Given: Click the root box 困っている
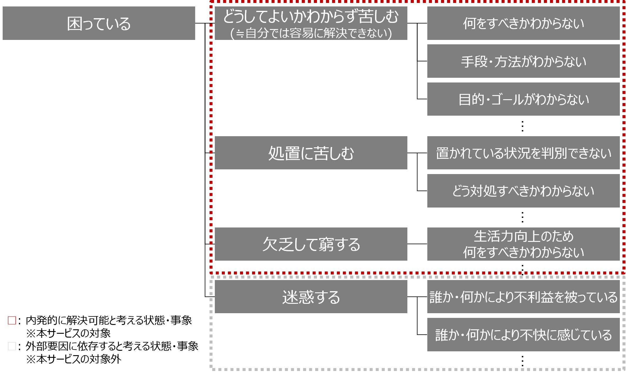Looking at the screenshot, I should [x=99, y=23].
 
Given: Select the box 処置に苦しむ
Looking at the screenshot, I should [x=311, y=153].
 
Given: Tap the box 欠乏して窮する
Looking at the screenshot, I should [x=311, y=244].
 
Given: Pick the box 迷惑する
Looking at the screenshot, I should [x=311, y=297].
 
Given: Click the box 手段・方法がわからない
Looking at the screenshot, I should [x=523, y=61].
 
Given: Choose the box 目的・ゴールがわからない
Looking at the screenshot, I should [x=523, y=99].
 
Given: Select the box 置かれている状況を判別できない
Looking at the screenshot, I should [x=523, y=153].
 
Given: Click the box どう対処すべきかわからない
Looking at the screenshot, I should [x=523, y=191].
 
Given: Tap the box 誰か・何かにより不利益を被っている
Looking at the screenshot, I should [x=523, y=297].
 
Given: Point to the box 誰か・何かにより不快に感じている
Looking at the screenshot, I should [x=523, y=335].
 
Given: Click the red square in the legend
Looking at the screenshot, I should [x=12, y=320].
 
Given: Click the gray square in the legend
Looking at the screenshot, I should [x=12, y=346].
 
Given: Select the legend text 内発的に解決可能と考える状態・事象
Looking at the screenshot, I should [x=109, y=320].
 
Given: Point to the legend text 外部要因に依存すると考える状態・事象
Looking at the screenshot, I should [x=112, y=346].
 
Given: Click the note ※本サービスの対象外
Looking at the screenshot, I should [x=73, y=359].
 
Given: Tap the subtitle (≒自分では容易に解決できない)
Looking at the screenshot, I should [x=311, y=33].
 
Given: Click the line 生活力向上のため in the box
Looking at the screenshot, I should [x=523, y=236].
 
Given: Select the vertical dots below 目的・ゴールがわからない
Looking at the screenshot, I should [x=522, y=126].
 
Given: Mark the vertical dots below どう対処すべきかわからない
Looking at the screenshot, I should [x=522, y=217].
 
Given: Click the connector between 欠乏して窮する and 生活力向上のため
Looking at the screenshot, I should [x=417, y=244].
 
